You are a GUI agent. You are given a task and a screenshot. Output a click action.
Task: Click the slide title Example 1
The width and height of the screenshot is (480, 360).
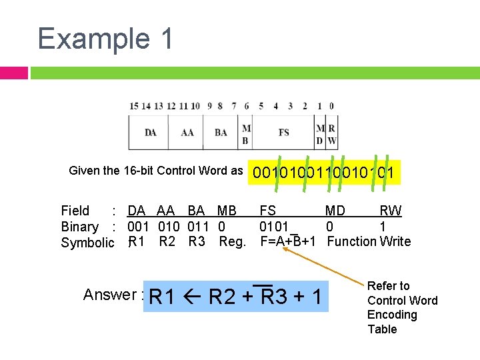[x=105, y=38]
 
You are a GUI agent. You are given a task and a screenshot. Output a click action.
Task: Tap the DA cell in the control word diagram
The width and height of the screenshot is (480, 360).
[x=151, y=132]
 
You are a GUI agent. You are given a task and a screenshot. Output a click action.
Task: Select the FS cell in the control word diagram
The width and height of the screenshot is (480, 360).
[x=283, y=132]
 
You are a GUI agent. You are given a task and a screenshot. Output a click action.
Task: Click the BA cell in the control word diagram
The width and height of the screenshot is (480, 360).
[x=221, y=132]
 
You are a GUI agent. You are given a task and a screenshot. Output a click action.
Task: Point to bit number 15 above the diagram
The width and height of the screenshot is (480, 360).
[x=134, y=106]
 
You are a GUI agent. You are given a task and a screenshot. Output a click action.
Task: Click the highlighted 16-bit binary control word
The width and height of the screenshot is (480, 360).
[x=323, y=173]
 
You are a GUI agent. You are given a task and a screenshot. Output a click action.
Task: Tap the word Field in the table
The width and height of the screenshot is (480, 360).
[x=75, y=211]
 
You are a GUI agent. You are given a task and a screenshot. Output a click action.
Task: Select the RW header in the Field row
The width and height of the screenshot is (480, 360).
[x=391, y=211]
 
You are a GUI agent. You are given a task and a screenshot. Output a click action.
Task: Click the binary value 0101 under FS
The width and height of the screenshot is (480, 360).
[x=274, y=227]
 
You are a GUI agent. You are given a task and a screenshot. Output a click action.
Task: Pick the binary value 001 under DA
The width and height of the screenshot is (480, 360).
[x=139, y=227]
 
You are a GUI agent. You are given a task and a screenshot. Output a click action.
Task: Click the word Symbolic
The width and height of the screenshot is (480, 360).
[x=87, y=243]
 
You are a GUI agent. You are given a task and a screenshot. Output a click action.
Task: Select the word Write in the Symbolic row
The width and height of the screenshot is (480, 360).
[x=395, y=241]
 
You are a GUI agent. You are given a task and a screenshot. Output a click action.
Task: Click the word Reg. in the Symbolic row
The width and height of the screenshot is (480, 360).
[x=233, y=241]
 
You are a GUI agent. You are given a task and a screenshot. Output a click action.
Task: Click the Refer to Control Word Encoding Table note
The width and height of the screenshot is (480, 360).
[x=402, y=307]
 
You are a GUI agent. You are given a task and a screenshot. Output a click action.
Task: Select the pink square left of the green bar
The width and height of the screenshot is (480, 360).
[x=13, y=73]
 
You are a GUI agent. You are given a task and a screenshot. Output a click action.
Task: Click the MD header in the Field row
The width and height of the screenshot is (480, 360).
[x=335, y=211]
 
